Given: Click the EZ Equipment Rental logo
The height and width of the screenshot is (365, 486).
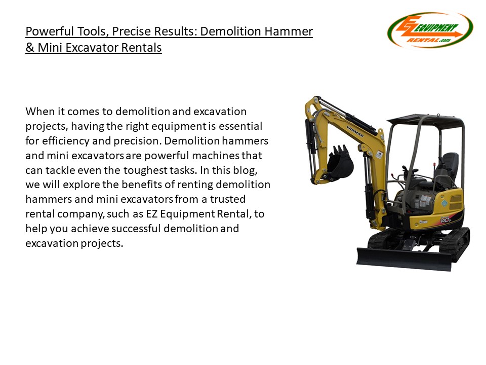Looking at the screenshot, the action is click(x=430, y=30).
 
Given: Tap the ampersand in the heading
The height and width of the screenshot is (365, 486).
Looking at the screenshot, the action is click(x=30, y=48).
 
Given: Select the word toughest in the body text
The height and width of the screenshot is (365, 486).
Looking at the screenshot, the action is click(x=145, y=170).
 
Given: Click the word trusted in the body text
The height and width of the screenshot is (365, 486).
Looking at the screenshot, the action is click(x=228, y=199).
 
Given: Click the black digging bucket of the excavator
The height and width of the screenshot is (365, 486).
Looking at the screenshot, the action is click(x=340, y=163).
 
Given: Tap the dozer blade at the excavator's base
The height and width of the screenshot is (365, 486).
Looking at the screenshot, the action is click(x=404, y=259).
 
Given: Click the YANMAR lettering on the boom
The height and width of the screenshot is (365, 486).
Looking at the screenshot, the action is click(x=355, y=131).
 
